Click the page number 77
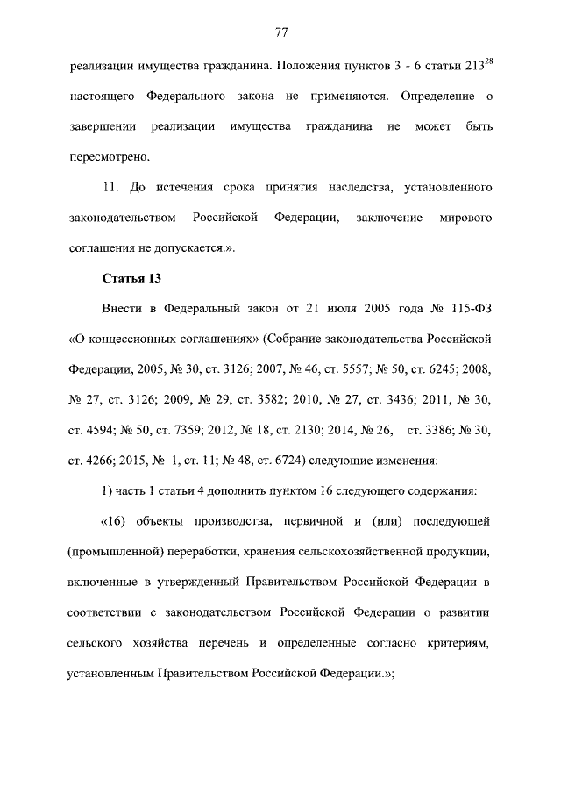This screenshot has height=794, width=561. [280, 32]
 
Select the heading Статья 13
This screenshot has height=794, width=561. [132, 278]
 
